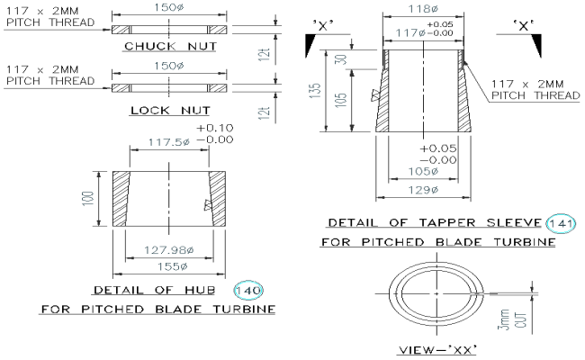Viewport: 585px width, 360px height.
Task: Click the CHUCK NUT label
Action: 170,46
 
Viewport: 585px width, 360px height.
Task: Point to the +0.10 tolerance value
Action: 214,128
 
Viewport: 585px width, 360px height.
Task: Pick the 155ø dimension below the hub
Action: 162,266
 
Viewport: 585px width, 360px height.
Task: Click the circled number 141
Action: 562,222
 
